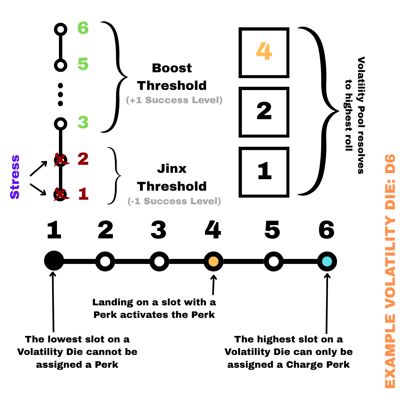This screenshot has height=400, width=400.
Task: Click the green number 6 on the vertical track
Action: point(83,28)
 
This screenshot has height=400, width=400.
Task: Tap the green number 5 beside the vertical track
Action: point(83,64)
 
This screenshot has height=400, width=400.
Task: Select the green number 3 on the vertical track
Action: point(83,123)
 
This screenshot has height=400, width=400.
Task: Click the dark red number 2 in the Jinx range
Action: point(83,159)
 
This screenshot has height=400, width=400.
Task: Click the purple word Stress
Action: point(15,177)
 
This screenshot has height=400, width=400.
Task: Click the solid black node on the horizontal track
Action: point(54,261)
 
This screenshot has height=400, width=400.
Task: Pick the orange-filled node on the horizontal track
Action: point(213,261)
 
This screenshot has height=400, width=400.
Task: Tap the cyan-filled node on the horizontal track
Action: point(327,261)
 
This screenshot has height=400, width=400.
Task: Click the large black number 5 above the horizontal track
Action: point(272,230)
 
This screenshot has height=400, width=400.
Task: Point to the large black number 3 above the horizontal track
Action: point(159,230)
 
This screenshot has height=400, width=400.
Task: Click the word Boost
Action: point(172,68)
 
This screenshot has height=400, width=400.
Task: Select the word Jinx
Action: point(172,169)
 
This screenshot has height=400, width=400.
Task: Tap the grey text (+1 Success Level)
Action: point(174,100)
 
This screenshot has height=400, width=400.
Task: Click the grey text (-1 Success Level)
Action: point(174,201)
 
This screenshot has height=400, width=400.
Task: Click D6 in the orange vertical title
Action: point(390,164)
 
